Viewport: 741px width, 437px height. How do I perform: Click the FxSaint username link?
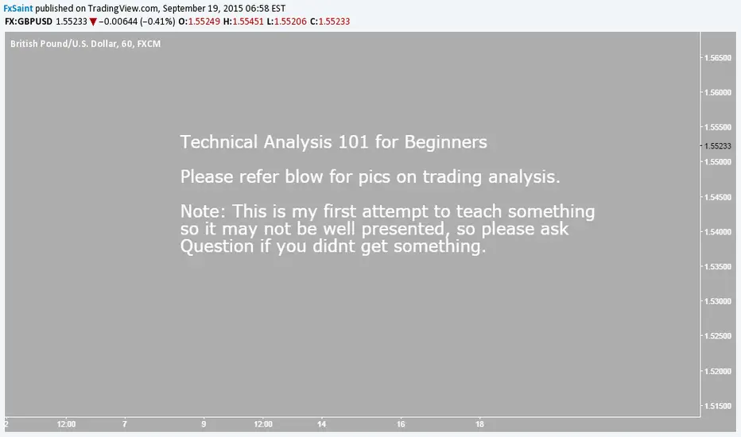pos(18,9)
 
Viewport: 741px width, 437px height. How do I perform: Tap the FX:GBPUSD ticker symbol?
pos(29,21)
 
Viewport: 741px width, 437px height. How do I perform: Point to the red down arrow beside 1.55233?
pos(93,21)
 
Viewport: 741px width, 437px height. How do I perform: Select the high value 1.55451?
pos(247,21)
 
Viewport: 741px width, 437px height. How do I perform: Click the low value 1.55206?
pos(290,21)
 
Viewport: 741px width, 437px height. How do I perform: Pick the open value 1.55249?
pos(204,21)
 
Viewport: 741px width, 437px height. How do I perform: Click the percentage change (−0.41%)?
pos(157,21)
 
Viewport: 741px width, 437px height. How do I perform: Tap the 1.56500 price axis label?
pos(717,58)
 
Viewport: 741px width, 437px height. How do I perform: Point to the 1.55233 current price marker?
pos(717,146)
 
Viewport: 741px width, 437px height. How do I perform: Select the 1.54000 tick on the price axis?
pos(717,232)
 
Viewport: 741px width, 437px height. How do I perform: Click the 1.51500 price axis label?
pos(717,406)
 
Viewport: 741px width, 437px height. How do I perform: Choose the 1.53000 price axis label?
pos(717,301)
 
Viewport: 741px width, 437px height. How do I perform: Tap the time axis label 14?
pos(321,424)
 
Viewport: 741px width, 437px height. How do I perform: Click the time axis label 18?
pos(479,424)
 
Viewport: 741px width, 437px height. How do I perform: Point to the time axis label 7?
pos(124,424)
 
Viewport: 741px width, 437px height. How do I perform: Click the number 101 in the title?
pos(354,142)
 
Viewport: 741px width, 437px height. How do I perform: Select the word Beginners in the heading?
pos(446,142)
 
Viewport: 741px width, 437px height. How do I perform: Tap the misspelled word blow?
pos(305,176)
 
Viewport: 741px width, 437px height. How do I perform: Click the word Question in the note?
pos(217,246)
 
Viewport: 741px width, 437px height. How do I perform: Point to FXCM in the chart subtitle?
pos(149,44)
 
